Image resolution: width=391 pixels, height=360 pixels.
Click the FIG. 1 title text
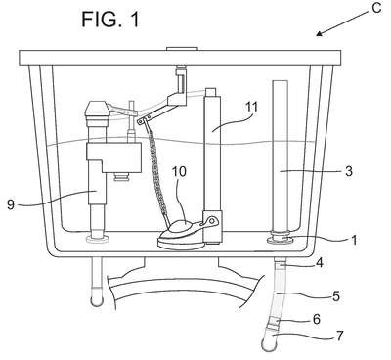coord(110,19)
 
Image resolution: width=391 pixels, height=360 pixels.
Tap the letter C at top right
coord(376,8)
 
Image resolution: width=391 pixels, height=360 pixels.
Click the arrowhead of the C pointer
coord(320,33)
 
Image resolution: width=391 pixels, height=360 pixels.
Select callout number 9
coord(11,204)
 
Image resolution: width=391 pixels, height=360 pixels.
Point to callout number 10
coord(179,171)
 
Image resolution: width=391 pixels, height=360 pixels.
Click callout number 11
coord(250,107)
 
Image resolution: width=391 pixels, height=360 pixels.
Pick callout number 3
coord(349,171)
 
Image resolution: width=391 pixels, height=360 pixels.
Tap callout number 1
coord(354,241)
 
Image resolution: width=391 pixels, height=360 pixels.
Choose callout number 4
coord(320,262)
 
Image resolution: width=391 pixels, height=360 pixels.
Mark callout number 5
coord(336,296)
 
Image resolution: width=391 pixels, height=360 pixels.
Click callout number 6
coord(317,319)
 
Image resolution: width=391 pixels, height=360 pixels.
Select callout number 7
coord(339,336)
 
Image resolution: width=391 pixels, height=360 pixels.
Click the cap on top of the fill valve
coord(96,111)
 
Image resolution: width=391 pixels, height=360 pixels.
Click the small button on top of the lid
coord(182,49)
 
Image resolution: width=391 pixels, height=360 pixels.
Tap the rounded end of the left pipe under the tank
coord(97,298)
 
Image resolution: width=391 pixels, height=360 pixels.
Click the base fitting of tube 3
coord(280,239)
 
